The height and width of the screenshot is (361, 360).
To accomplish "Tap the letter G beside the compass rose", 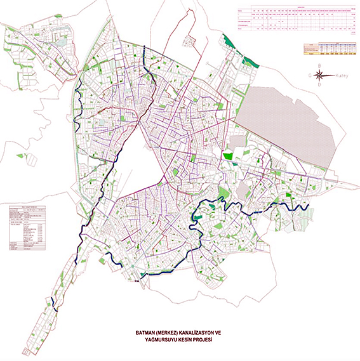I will click(x=309, y=75).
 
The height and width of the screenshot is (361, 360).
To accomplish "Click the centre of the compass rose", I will click(x=319, y=75).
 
